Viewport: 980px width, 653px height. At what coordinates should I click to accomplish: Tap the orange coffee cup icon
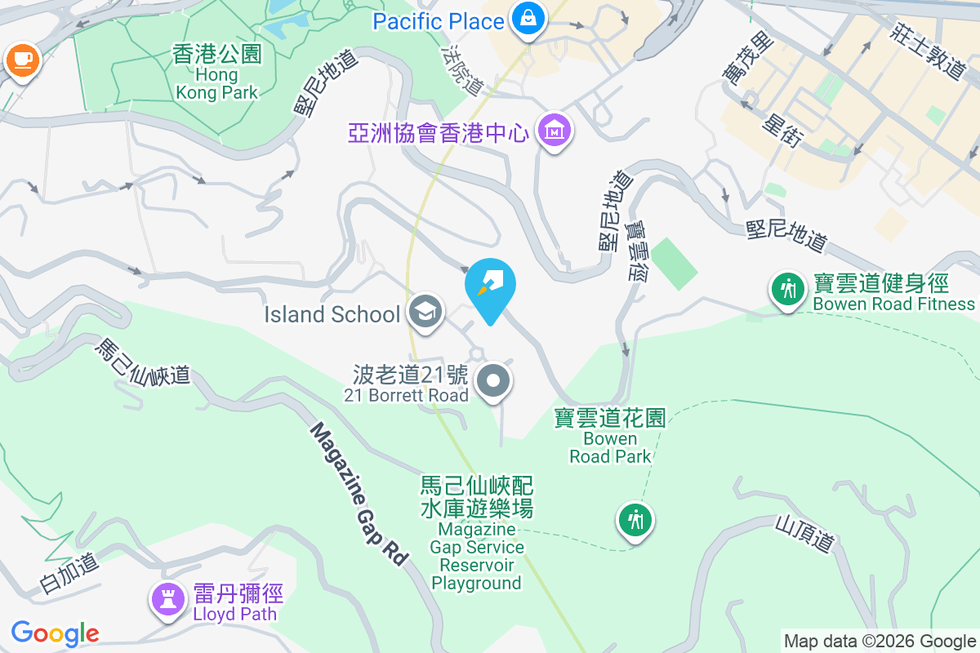[x=21, y=60]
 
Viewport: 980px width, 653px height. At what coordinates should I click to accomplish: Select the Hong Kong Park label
[x=217, y=73]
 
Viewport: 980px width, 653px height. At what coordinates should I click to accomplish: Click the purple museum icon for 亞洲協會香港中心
[x=555, y=131]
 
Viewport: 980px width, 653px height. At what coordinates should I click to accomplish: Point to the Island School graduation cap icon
[x=425, y=313]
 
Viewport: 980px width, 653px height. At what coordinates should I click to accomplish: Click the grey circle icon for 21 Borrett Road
[x=493, y=381]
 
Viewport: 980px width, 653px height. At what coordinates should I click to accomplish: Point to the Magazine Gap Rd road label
[x=360, y=493]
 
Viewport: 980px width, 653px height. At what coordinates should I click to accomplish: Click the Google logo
[x=55, y=633]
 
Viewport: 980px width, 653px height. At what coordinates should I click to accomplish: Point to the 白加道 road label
[x=69, y=572]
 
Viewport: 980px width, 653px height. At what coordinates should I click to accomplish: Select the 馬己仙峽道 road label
[x=142, y=362]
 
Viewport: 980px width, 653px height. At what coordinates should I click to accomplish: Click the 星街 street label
[x=782, y=131]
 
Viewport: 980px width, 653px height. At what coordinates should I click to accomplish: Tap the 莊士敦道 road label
[x=930, y=49]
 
